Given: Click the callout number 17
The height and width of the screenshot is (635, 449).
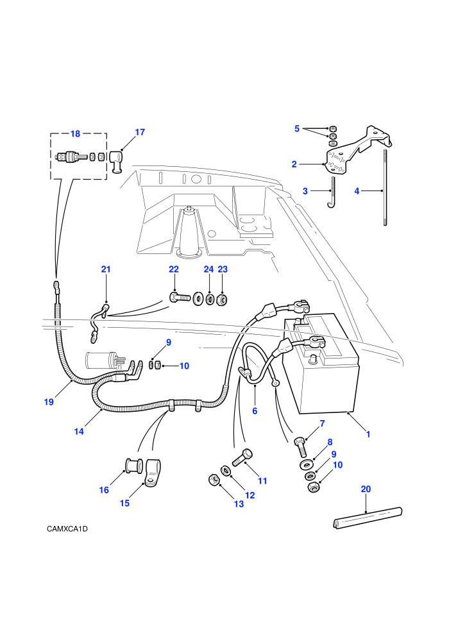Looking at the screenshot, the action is [x=140, y=132].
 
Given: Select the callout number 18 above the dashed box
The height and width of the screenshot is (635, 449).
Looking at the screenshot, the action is [x=75, y=133].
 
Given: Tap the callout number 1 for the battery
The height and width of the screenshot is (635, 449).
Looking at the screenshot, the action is [x=368, y=434].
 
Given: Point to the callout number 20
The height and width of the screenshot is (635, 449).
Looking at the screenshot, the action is [x=366, y=489].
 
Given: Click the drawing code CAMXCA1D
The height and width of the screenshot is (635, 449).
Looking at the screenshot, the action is [x=67, y=529].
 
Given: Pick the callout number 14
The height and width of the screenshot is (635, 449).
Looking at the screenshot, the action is [x=79, y=432].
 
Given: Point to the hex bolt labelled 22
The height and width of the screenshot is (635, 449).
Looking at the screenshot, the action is [x=180, y=297].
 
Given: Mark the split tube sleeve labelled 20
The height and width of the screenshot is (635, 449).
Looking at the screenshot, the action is [x=368, y=518].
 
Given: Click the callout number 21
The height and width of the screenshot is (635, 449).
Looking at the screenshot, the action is [x=106, y=269].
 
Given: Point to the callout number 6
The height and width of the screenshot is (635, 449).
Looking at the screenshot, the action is [x=255, y=411].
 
